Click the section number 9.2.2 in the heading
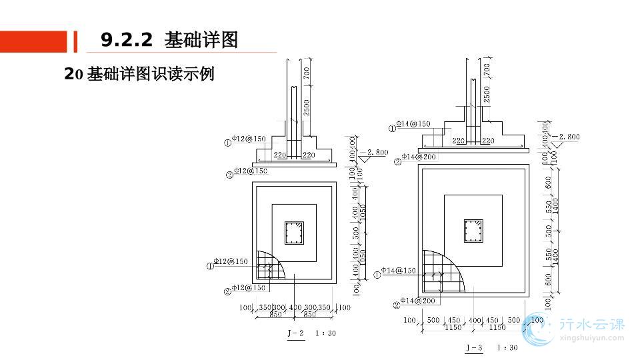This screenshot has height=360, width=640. [127, 40]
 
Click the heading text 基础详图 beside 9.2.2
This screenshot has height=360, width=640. [201, 40]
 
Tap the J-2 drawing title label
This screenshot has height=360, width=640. [295, 332]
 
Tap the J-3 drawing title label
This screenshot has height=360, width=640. [474, 347]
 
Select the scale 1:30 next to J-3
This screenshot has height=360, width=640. [507, 347]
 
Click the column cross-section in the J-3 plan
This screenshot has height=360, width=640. [473, 232]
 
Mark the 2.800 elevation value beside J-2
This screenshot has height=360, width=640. [377, 153]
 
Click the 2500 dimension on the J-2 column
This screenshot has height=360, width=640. [307, 107]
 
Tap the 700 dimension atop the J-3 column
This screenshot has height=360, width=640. [485, 69]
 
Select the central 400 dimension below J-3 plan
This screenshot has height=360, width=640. [473, 320]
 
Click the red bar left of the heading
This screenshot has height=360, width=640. [33, 41]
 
